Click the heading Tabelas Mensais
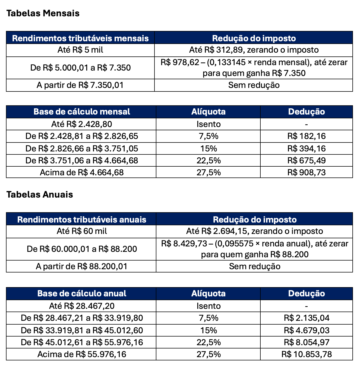(x=43, y=13)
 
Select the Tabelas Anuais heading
(x=40, y=195)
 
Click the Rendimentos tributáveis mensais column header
(x=80, y=38)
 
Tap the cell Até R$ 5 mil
(x=80, y=50)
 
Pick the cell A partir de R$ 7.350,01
(x=80, y=85)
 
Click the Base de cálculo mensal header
(x=81, y=112)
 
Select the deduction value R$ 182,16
(x=306, y=136)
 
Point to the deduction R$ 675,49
(x=306, y=160)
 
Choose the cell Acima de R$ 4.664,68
(x=81, y=172)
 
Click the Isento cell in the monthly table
(x=208, y=124)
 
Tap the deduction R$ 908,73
(x=306, y=172)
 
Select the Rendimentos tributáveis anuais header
(x=81, y=220)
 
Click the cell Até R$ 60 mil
(x=81, y=231)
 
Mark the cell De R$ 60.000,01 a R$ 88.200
(x=81, y=249)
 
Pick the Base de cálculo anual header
(x=81, y=293)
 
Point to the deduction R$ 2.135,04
(x=306, y=318)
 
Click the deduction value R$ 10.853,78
(x=306, y=354)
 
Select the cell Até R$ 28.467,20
(x=81, y=306)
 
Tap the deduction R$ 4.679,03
(x=306, y=330)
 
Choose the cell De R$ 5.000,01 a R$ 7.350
(x=80, y=68)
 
